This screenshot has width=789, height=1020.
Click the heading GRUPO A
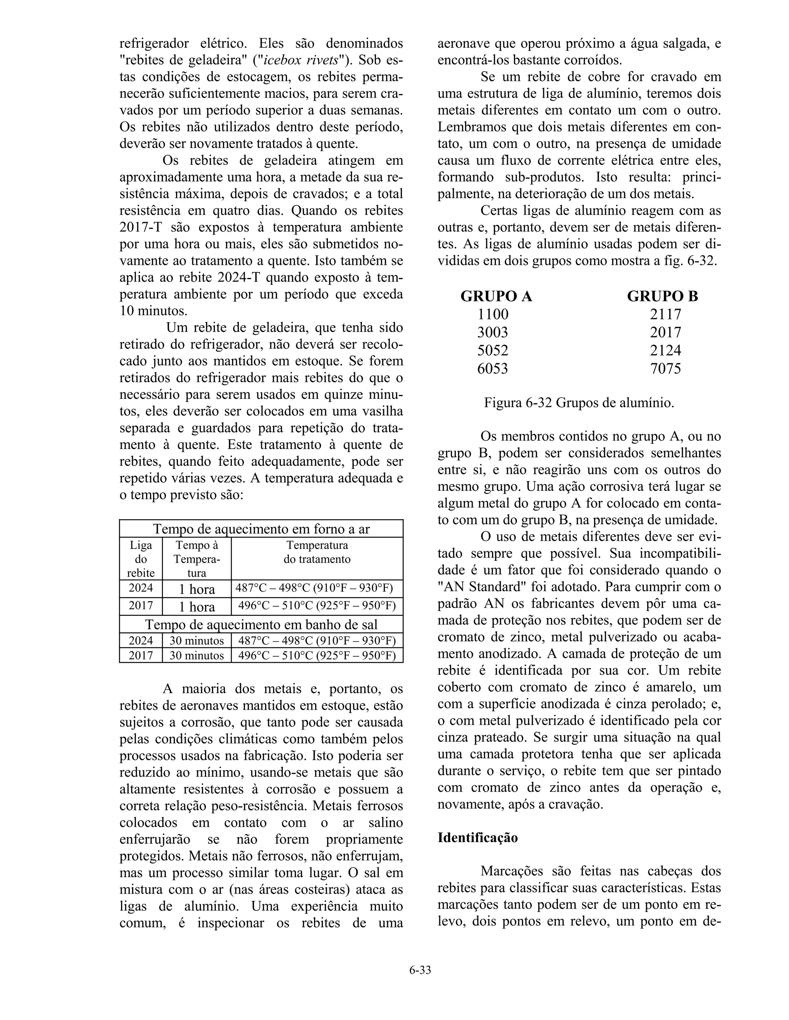pyautogui.click(x=496, y=296)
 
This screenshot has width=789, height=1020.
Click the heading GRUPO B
pyautogui.click(x=662, y=296)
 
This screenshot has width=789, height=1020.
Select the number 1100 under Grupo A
pyautogui.click(x=493, y=314)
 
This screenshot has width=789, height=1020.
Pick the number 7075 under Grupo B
pyautogui.click(x=666, y=369)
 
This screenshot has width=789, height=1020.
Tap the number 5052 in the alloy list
pyautogui.click(x=493, y=351)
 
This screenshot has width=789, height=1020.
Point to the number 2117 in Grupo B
pyautogui.click(x=666, y=314)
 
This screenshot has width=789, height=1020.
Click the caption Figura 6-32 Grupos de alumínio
pyautogui.click(x=579, y=403)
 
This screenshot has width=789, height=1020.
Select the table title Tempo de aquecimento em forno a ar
pyautogui.click(x=261, y=529)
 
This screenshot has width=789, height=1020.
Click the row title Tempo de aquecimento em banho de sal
pyautogui.click(x=261, y=624)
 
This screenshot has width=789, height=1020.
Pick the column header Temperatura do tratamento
pyautogui.click(x=317, y=552)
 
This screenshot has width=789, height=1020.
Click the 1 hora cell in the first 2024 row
pyautogui.click(x=197, y=589)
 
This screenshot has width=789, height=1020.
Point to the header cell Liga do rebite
pyautogui.click(x=141, y=559)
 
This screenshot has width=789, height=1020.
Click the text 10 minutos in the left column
pyautogui.click(x=153, y=311)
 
